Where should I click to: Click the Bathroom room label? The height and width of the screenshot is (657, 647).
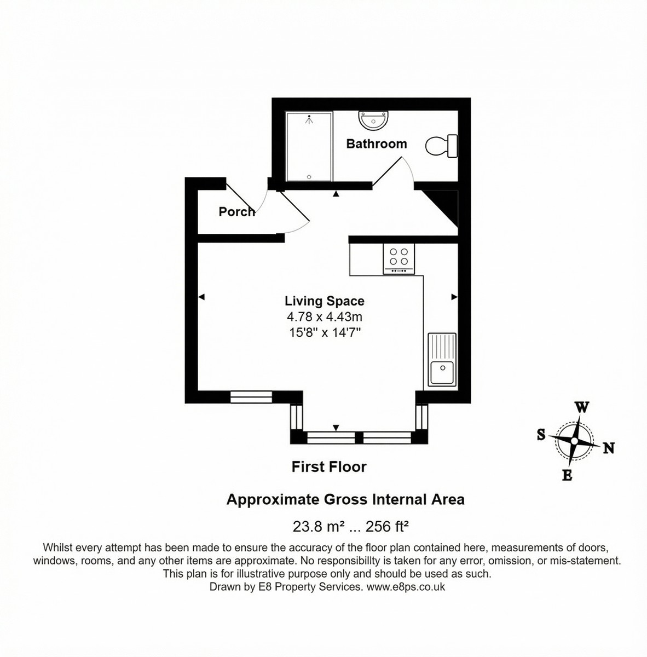(x=377, y=144)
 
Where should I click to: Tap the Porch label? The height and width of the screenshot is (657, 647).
(x=236, y=211)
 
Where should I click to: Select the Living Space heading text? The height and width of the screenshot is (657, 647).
(x=324, y=301)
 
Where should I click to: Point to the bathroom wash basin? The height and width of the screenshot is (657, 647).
(x=373, y=120)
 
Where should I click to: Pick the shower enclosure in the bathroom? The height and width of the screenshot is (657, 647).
(x=309, y=146)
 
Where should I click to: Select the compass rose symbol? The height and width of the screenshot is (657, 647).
(x=574, y=441)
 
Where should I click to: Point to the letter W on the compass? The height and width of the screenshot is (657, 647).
(x=582, y=407)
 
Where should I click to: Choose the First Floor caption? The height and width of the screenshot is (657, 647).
(x=328, y=467)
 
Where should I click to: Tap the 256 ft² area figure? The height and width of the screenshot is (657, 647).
(x=388, y=527)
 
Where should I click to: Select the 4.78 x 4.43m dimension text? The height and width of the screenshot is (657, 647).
(x=324, y=316)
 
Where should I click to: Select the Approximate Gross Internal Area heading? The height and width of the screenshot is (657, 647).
(x=345, y=499)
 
